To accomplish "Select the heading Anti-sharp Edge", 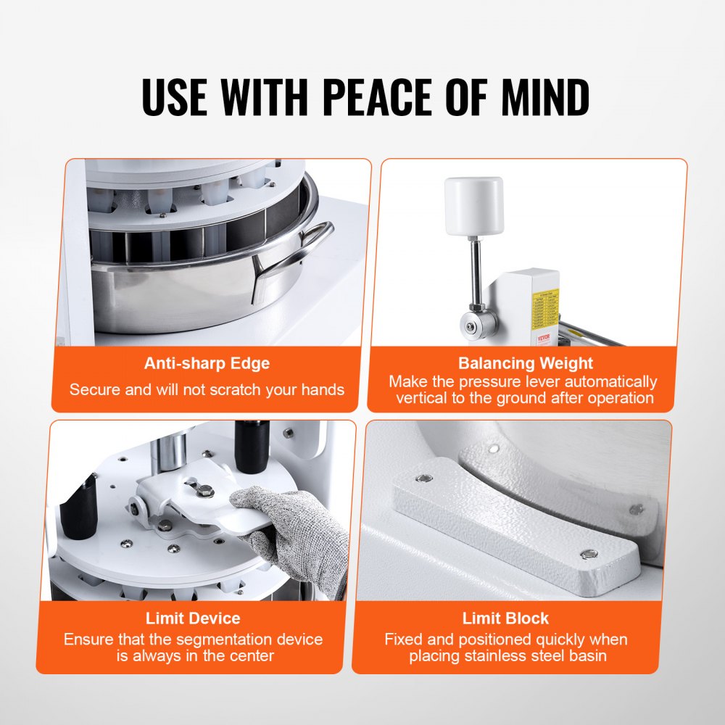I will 207,364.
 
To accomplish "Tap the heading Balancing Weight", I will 526,363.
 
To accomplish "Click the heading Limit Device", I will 193,618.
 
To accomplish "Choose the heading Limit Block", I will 505,618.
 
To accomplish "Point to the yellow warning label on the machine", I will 544,301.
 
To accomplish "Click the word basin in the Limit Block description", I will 589,657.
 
